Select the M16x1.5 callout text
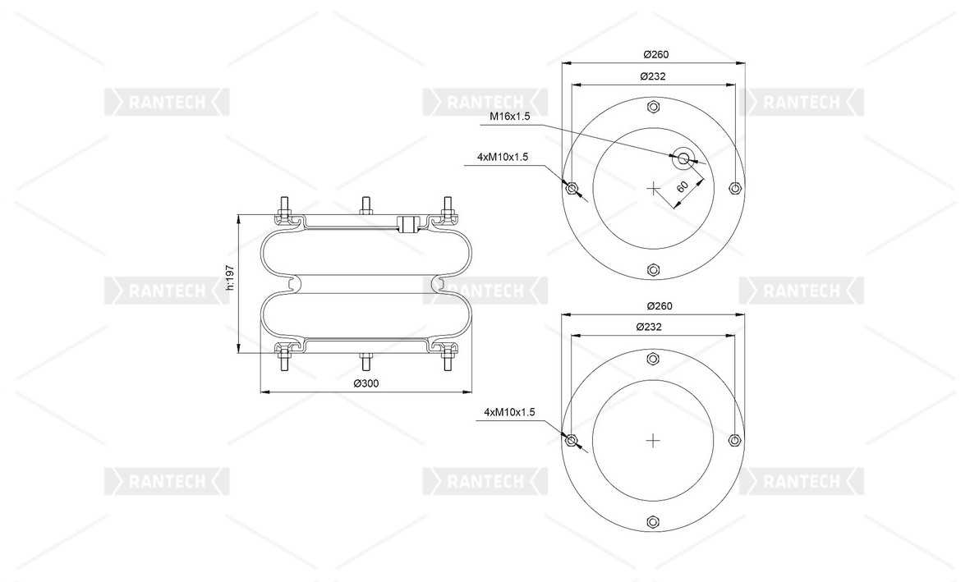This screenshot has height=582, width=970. (x=510, y=117)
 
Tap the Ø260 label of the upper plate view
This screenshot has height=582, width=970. (x=654, y=54)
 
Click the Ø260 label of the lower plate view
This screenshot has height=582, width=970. (x=654, y=306)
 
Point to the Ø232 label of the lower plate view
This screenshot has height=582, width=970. (x=652, y=327)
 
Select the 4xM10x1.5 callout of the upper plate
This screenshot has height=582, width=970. (x=502, y=157)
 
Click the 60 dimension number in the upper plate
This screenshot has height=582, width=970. (x=682, y=188)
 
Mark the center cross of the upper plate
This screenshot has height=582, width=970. (x=654, y=189)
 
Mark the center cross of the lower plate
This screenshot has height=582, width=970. (x=654, y=441)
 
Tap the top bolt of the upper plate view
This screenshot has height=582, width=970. (x=654, y=107)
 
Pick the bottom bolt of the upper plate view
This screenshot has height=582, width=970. (x=654, y=270)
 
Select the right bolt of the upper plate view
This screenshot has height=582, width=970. (x=735, y=188)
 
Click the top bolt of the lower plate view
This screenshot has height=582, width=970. (x=654, y=359)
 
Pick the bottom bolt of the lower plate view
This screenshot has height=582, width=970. (x=654, y=522)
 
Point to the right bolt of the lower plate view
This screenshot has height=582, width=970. (x=735, y=441)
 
